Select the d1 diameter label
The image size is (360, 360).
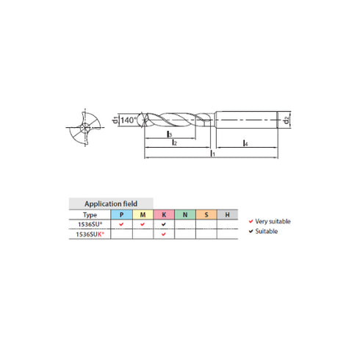coord(115,120)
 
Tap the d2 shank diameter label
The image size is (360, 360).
coord(287,118)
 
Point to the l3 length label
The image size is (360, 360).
coord(168,134)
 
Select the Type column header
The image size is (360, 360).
coord(90,215)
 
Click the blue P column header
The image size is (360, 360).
coord(121,215)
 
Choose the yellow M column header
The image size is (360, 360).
coord(143,215)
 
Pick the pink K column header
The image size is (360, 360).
coord(164,215)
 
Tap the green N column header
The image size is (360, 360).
coord(185,215)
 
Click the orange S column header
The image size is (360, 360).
coord(206,215)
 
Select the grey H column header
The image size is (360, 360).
coord(228,215)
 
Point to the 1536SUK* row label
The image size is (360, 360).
coord(90,234)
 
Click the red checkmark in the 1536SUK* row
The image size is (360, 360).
coord(164,234)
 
